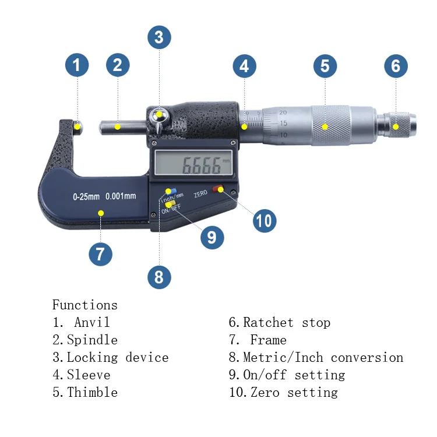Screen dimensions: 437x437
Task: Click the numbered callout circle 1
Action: (77, 65)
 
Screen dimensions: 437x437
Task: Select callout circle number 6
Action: (396, 66)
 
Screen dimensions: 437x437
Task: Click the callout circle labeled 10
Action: (264, 221)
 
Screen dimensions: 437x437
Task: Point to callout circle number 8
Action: (159, 277)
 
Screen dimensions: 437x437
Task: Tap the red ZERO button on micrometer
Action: (218, 189)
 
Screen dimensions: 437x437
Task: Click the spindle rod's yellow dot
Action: (117, 126)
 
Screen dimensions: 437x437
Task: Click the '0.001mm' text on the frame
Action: (121, 196)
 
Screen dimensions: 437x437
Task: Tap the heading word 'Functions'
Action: (84, 305)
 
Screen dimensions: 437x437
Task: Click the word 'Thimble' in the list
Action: (92, 392)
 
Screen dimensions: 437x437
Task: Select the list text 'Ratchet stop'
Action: (286, 322)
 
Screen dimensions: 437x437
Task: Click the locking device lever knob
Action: (158, 115)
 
